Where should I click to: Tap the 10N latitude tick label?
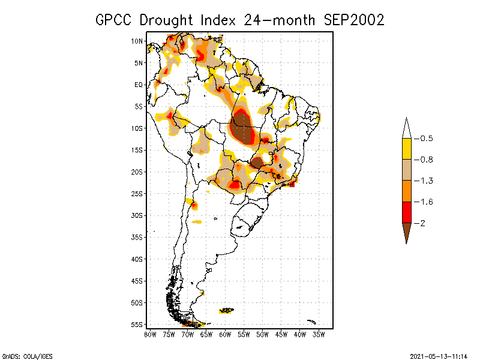(x=137, y=41)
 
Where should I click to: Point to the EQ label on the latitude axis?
(x=139, y=85)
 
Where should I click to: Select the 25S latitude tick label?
(x=137, y=193)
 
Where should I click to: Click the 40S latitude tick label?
(x=137, y=259)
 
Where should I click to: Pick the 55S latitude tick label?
(x=137, y=324)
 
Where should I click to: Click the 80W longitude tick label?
(x=150, y=334)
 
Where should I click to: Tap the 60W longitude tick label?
(x=225, y=334)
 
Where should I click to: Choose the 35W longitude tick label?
(x=319, y=334)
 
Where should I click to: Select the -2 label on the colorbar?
(x=421, y=223)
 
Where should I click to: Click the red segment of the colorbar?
(x=406, y=212)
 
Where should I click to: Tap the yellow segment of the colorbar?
(x=406, y=149)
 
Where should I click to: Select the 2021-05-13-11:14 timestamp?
(x=439, y=355)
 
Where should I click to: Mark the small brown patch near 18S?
(x=257, y=163)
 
